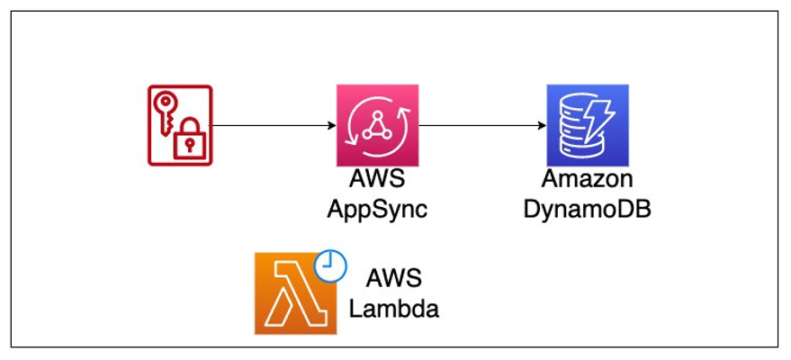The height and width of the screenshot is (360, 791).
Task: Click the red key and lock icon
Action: tap(180, 125)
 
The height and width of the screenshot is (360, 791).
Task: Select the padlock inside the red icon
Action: tap(191, 141)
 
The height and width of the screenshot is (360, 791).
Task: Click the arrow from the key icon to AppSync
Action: tap(270, 125)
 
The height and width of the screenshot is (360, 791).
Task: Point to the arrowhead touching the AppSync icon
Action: tap(331, 125)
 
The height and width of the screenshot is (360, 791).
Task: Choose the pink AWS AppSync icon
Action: tap(377, 125)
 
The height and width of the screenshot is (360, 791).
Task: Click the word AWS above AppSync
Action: tap(377, 180)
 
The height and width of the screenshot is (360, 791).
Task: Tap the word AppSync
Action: tap(377, 209)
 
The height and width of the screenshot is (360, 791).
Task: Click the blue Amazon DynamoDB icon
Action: tap(587, 125)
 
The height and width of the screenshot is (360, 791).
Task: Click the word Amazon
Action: tap(588, 179)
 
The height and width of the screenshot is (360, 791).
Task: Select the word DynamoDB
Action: tap(588, 209)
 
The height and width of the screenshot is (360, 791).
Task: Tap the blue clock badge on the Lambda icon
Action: tap(332, 264)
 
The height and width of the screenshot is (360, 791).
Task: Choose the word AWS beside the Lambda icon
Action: tap(393, 279)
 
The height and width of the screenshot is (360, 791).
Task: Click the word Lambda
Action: tap(393, 309)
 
